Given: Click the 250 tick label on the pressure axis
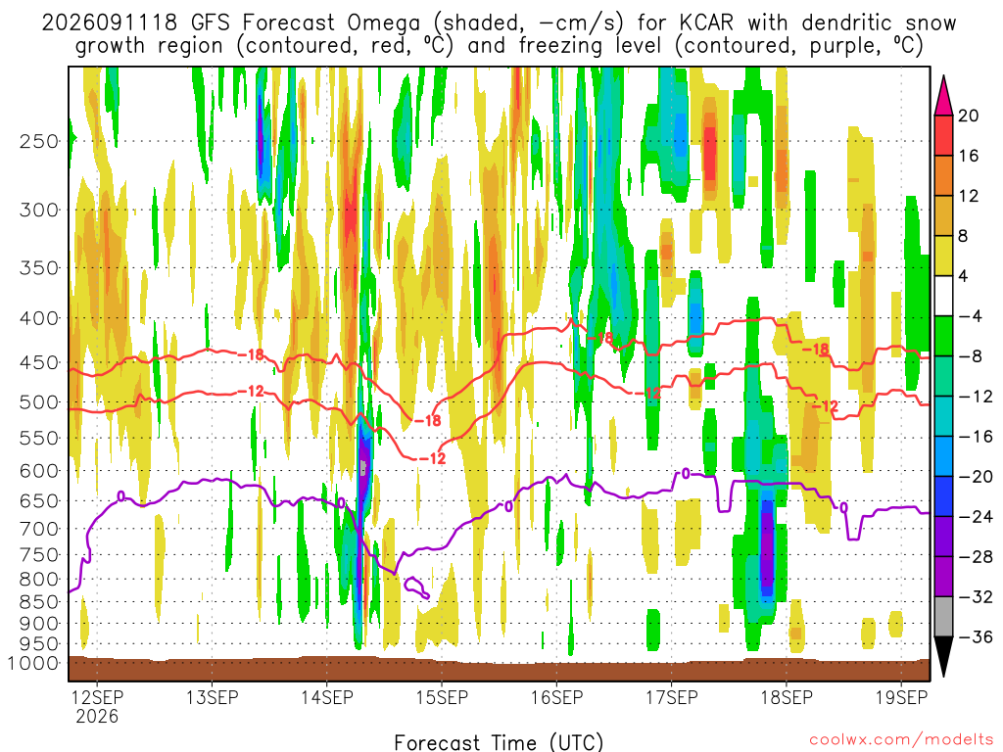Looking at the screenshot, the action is coord(39,141).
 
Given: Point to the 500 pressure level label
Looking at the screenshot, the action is coord(39,402).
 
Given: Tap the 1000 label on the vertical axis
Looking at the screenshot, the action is coord(33,663).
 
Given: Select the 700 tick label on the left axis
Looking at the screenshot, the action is coord(39,529).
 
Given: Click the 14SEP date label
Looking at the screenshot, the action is coord(327,697).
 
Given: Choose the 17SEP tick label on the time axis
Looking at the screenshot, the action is coord(672,697).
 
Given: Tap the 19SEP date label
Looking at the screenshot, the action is coord(901,697).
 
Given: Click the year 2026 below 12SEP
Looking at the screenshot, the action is coord(97,716).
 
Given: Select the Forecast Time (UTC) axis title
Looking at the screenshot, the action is coord(499,742).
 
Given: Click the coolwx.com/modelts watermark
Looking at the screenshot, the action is coord(901,740).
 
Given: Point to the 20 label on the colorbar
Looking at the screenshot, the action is coord(968,116).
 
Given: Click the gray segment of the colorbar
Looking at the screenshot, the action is coord(943,617).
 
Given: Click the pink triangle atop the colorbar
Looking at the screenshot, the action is coord(943,96).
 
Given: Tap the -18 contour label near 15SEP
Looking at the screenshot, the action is coord(427,420).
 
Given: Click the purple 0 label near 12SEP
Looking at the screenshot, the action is coord(120,496).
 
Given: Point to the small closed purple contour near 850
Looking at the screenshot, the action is coord(416,587).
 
